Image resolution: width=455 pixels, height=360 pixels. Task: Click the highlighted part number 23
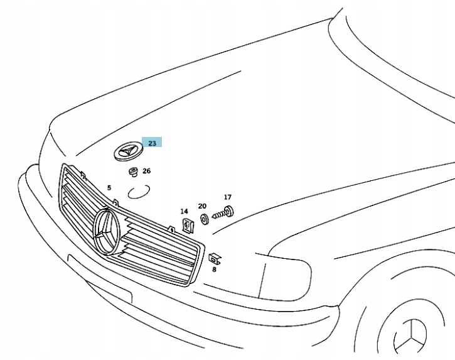coord(152,143)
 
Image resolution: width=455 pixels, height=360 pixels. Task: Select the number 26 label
coord(146,171)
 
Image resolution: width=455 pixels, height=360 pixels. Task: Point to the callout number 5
coord(109,188)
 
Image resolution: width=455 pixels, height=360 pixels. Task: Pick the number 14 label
coord(184,211)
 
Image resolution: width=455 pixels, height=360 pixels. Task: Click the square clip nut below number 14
coord(186,224)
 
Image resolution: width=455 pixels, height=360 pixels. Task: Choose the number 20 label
coord(202,206)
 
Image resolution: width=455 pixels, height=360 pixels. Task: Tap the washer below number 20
coord(205,219)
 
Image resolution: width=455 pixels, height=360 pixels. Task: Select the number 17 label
coord(227,197)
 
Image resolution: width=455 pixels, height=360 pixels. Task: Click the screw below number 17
coord(222,213)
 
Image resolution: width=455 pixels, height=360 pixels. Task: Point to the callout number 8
coord(213,269)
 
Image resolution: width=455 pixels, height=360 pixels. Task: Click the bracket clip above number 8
coord(213,257)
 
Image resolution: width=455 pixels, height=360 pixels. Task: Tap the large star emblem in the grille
coord(107,232)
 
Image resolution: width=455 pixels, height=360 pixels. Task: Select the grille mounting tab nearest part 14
coord(171,229)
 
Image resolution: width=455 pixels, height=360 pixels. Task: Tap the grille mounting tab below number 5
coord(116,202)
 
